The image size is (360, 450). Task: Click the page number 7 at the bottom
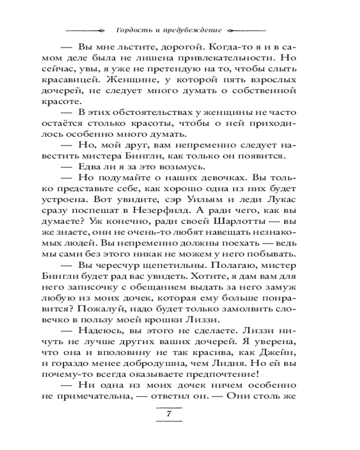coord(168,414)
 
